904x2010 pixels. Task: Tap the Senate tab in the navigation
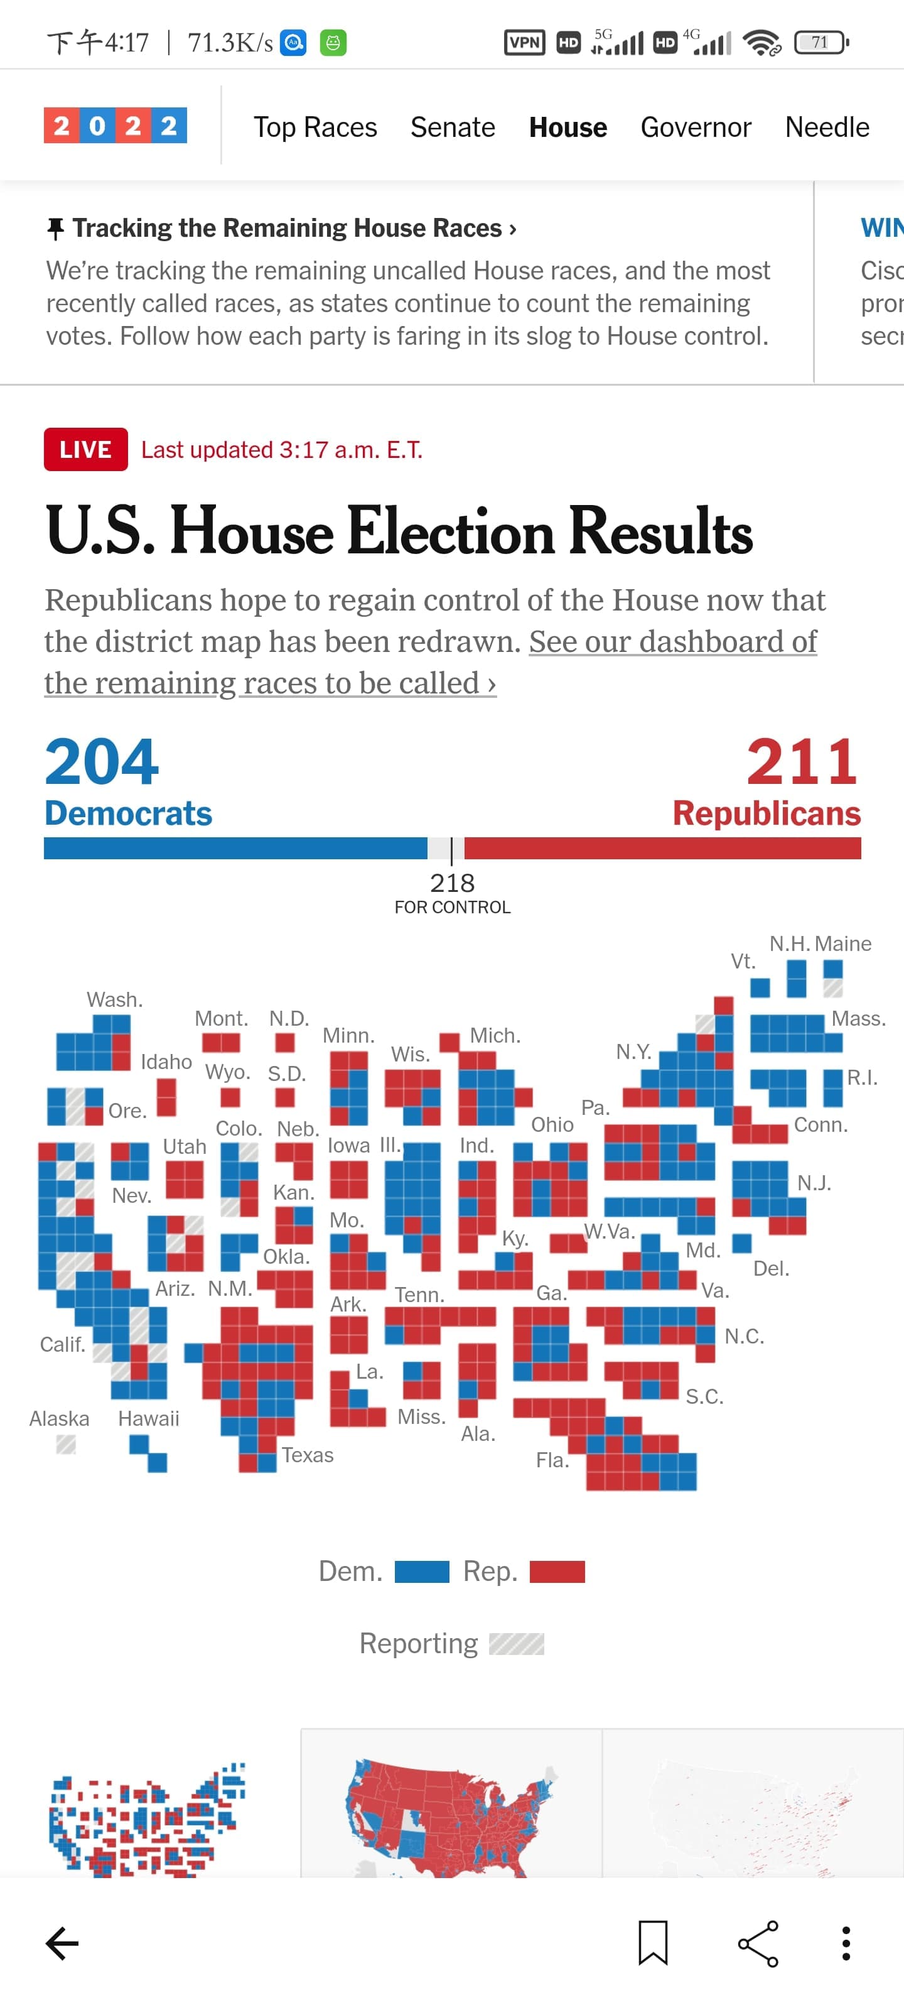[x=453, y=127]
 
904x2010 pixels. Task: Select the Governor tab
[x=695, y=127]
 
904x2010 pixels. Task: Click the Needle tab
[x=827, y=127]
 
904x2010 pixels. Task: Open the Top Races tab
[x=315, y=127]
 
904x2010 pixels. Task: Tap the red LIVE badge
[x=86, y=450]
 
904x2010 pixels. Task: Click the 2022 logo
[x=116, y=126]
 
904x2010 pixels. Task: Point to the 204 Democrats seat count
[x=102, y=763]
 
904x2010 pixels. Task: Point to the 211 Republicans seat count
[x=802, y=763]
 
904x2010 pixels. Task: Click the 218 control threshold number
[x=453, y=883]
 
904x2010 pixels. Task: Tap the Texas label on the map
[x=308, y=1455]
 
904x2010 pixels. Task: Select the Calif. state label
[x=62, y=1344]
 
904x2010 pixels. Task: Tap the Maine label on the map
[x=843, y=943]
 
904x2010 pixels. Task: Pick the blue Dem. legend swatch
[x=422, y=1571]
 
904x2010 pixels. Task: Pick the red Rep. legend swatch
[x=557, y=1571]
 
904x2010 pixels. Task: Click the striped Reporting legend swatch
[x=517, y=1643]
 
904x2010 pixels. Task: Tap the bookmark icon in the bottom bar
[x=653, y=1942]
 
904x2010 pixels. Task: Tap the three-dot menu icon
[x=846, y=1943]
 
